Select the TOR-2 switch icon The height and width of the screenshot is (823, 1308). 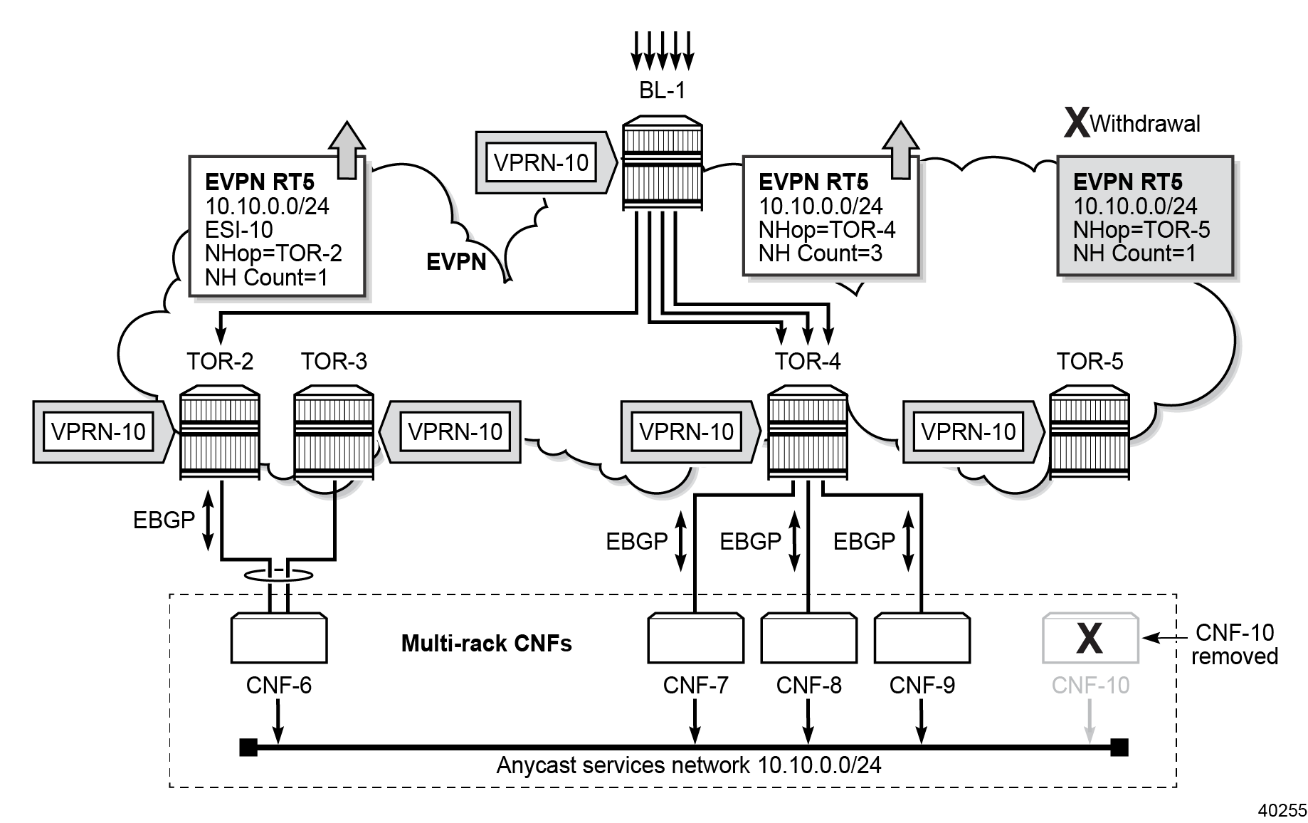click(220, 431)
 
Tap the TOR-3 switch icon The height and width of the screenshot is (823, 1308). click(334, 431)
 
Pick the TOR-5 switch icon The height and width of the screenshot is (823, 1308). click(1090, 431)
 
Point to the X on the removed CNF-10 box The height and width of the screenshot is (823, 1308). click(1090, 638)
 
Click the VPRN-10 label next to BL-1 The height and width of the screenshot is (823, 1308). click(541, 162)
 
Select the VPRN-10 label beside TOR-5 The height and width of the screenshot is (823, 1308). click(969, 431)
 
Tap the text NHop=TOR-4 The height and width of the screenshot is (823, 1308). click(827, 230)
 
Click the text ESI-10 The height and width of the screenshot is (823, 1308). click(239, 230)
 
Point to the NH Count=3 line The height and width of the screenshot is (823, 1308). click(820, 253)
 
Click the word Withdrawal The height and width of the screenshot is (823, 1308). click(1144, 124)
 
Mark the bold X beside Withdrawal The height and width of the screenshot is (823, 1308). click(1076, 123)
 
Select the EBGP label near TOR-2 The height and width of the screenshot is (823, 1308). click(164, 520)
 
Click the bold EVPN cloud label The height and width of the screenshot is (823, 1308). click(456, 262)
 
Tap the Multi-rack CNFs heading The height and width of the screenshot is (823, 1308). click(486, 644)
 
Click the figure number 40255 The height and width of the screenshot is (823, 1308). click(1282, 810)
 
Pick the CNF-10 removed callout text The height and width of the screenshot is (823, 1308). click(1235, 644)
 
